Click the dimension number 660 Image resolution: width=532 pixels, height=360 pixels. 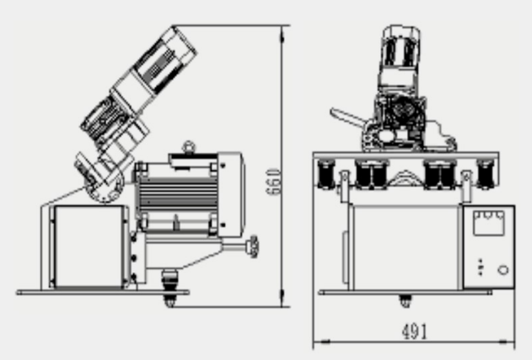click(x=273, y=182)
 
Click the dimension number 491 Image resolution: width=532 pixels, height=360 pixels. click(x=415, y=332)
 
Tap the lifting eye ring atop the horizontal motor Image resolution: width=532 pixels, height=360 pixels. click(x=188, y=147)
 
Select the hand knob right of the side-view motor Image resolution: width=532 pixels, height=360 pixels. click(x=253, y=247)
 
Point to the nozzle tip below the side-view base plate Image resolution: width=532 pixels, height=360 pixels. click(x=170, y=300)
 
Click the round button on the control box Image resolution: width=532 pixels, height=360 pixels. click(x=503, y=270)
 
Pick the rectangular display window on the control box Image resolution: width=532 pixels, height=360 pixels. click(x=488, y=223)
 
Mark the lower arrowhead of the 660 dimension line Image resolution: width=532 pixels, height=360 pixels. click(x=282, y=298)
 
